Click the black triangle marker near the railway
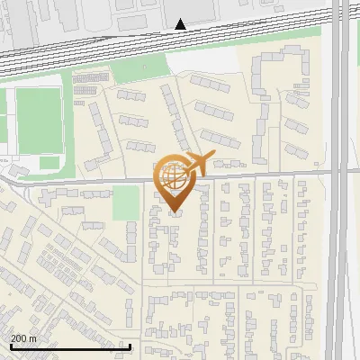click(x=181, y=24)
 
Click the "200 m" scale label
click(x=22, y=338)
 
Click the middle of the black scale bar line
click(x=70, y=346)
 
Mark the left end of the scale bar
click(x=10, y=346)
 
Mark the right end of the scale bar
click(x=130, y=346)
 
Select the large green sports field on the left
click(x=38, y=120)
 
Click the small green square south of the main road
click(x=125, y=202)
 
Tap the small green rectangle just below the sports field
click(x=49, y=163)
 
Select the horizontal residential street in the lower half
click(x=225, y=286)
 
